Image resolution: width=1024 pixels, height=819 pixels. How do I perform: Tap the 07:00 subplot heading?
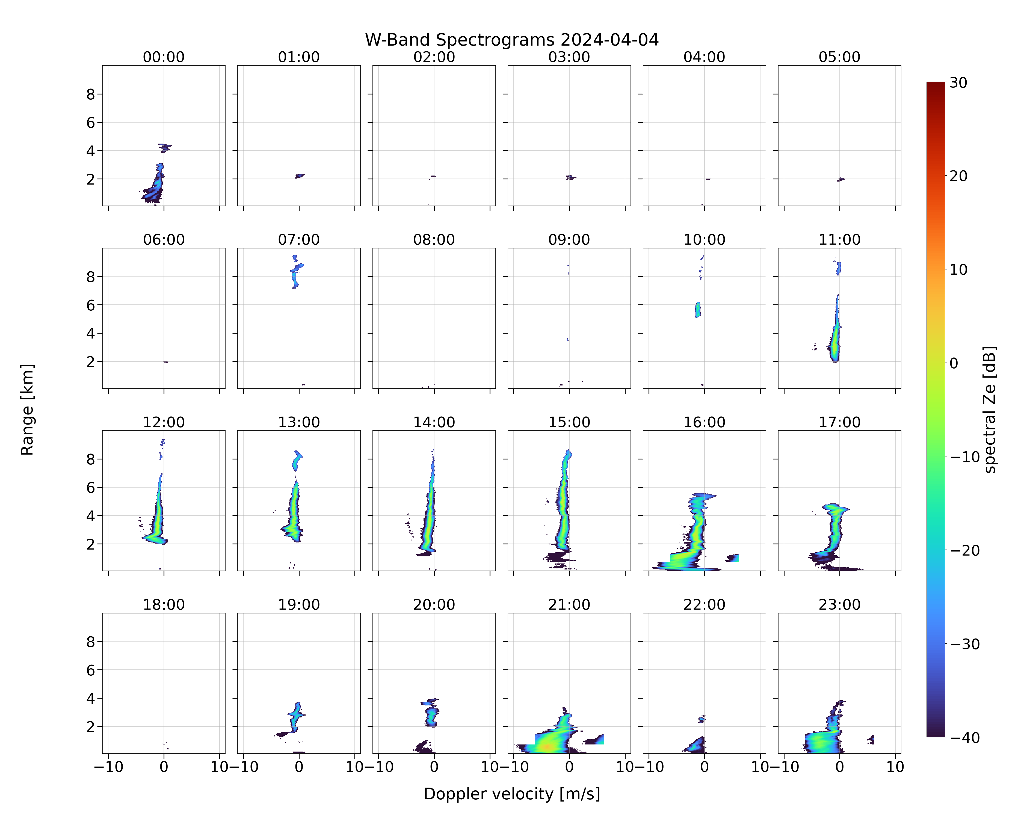[299, 240]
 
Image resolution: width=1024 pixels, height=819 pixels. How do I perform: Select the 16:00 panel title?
[704, 422]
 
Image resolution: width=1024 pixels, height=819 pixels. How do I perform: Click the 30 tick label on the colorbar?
[958, 83]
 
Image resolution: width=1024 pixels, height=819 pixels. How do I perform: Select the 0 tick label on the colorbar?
[954, 363]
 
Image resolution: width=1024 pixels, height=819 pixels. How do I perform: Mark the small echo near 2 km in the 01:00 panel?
[300, 176]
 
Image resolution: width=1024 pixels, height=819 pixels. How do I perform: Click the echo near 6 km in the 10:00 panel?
[698, 310]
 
